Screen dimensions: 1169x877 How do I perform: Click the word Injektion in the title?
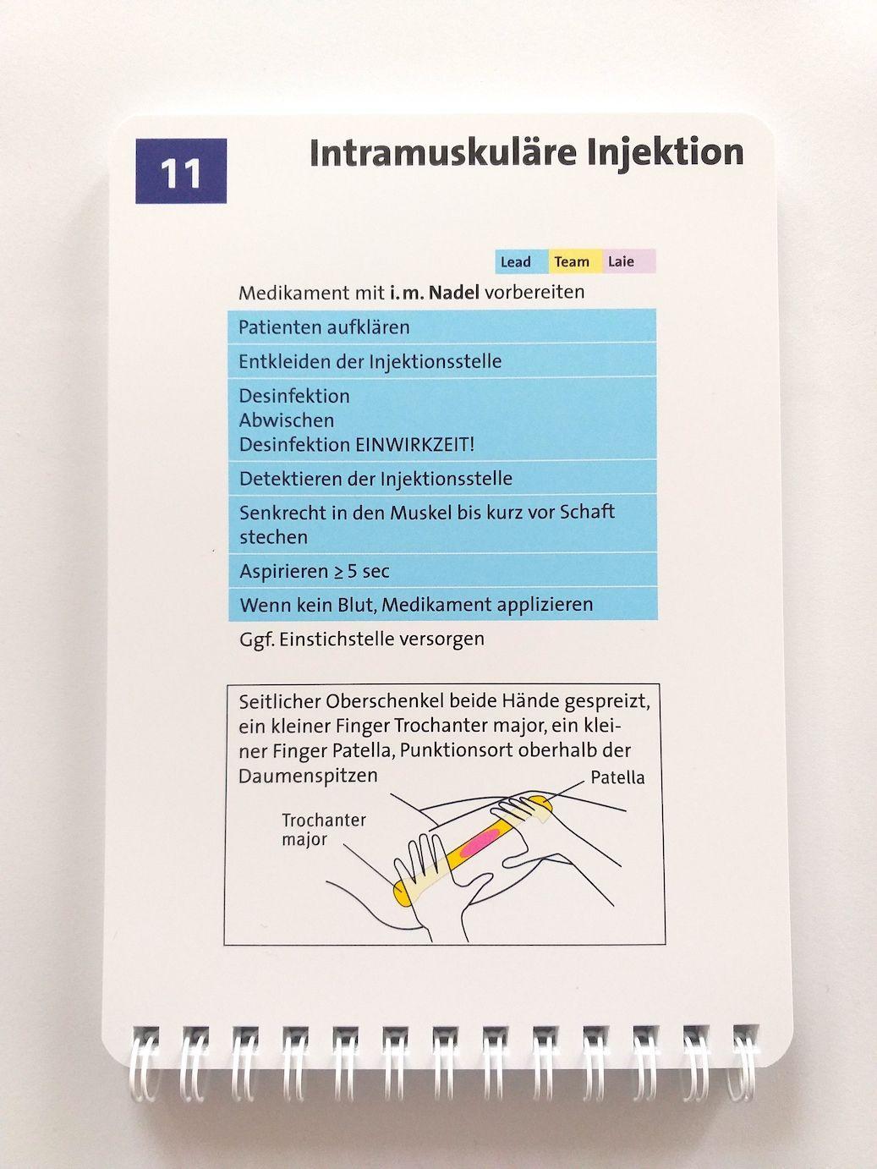[665, 153]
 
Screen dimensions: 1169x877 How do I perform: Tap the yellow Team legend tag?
[573, 261]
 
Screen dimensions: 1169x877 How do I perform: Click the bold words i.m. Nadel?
[434, 293]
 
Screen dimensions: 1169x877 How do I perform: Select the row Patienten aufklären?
[324, 327]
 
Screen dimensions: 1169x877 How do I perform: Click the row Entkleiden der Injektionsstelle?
[370, 361]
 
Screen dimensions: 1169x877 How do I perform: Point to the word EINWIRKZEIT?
[414, 444]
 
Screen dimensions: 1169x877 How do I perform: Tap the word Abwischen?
[286, 420]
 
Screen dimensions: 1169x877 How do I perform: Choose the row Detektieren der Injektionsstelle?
[375, 479]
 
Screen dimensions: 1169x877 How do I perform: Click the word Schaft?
[587, 512]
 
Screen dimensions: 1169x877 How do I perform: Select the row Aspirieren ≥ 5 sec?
[314, 571]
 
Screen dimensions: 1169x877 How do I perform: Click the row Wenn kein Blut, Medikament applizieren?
[416, 605]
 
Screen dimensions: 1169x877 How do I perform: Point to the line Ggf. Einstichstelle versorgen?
[361, 639]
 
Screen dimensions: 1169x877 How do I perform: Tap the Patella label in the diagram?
[617, 777]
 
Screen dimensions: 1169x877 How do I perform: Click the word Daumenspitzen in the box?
[308, 776]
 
